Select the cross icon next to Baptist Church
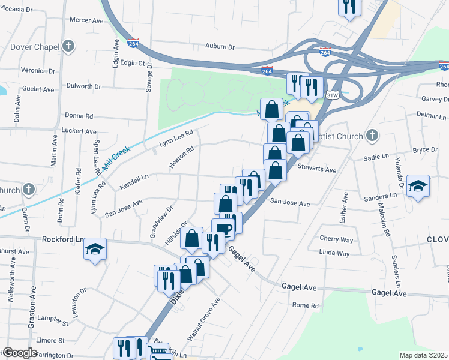click(372, 135)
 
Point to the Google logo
click(19, 353)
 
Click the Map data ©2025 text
click(424, 355)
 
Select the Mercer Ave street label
click(86, 20)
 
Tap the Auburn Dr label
click(219, 46)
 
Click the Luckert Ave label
click(79, 131)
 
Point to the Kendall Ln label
click(134, 183)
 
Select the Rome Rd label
click(305, 305)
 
